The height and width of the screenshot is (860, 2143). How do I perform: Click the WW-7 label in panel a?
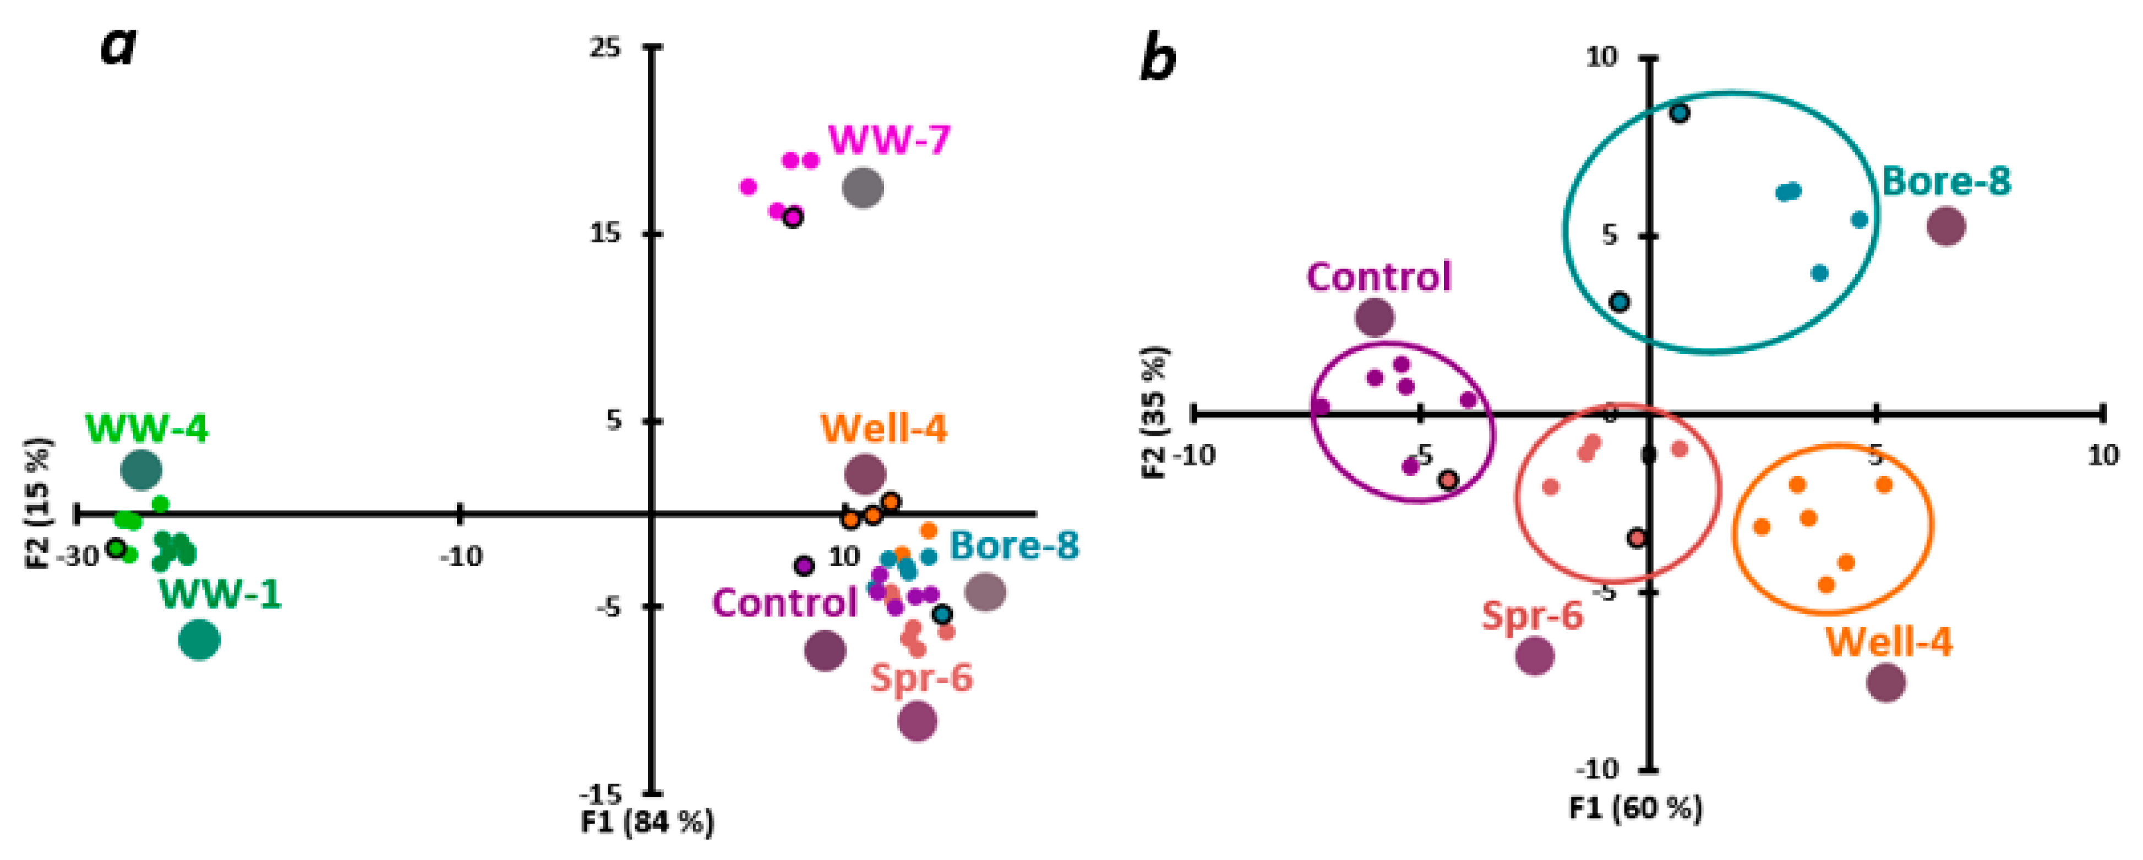click(888, 140)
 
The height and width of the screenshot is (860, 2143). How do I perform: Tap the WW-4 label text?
click(146, 429)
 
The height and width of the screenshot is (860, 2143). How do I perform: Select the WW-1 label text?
click(220, 594)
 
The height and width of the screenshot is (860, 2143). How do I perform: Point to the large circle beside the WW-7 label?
click(863, 188)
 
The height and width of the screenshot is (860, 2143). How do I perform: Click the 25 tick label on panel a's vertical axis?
click(605, 47)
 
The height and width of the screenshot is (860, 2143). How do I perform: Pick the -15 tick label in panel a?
click(600, 793)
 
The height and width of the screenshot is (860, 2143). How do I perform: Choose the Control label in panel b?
click(1378, 277)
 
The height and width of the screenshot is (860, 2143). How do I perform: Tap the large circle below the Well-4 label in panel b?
click(1886, 683)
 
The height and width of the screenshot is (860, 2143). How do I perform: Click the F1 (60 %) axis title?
click(1635, 808)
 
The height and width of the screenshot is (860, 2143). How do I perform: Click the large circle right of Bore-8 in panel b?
click(1946, 226)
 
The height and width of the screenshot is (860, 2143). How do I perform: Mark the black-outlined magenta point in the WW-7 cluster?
click(793, 218)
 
